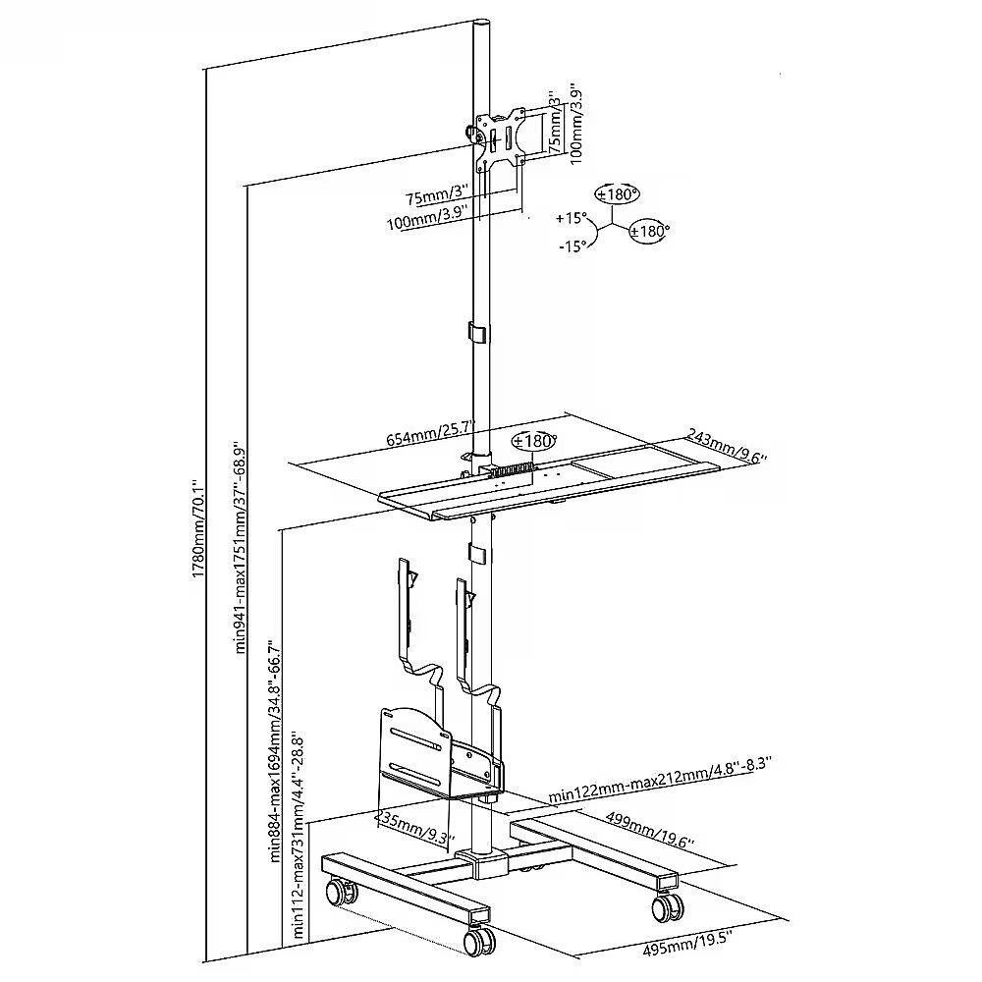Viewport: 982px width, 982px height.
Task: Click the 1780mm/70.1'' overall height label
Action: tap(196, 528)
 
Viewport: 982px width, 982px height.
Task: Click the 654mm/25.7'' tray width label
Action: tap(431, 431)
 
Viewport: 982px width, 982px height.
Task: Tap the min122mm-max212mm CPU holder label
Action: tap(660, 779)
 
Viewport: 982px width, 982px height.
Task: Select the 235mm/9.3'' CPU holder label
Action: tap(414, 827)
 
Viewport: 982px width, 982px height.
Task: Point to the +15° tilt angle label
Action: tap(572, 219)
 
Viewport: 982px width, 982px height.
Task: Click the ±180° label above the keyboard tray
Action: tap(534, 441)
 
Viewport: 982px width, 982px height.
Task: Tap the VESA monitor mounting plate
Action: tap(499, 138)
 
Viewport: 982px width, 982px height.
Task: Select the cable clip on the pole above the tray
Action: tap(478, 333)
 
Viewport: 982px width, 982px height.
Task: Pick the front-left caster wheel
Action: tap(479, 940)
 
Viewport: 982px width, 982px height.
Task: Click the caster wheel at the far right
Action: tap(668, 905)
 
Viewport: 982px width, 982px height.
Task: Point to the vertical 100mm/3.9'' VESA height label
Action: tap(576, 124)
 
